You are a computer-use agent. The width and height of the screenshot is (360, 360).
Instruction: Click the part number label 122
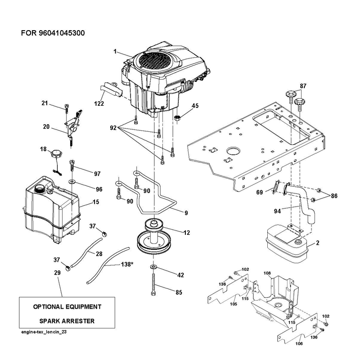99,103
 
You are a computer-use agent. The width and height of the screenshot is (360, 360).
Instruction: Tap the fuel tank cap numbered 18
56,153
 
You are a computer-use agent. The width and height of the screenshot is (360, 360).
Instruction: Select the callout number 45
195,106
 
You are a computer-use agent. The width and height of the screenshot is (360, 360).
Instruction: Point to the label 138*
127,264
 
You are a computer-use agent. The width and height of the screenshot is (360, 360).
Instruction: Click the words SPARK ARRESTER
67,321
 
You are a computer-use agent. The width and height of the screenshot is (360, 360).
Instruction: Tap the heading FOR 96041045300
53,33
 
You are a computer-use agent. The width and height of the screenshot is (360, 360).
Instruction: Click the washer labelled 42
153,267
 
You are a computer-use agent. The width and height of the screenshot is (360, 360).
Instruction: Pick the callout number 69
260,192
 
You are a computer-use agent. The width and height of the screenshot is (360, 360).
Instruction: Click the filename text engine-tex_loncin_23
44,332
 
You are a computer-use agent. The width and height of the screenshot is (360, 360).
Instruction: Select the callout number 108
267,273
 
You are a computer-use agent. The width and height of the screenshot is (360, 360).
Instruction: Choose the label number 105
234,304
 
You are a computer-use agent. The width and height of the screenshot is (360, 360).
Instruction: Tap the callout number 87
303,86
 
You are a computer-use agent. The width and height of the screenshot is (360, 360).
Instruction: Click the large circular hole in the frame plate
233,151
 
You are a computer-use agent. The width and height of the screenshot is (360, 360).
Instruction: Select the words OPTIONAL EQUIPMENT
67,307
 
